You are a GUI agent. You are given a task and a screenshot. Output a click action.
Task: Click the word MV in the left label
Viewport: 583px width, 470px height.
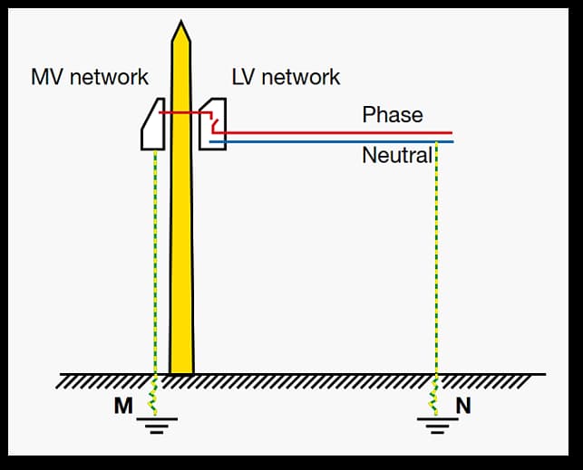pos(47,77)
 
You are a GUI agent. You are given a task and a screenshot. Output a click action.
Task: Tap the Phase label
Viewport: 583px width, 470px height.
pos(393,115)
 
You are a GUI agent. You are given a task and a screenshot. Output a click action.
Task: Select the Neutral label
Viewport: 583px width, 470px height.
pos(396,155)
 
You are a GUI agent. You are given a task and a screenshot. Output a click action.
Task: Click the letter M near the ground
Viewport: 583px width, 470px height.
pos(122,406)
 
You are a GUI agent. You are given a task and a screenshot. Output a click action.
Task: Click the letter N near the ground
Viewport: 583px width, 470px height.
pos(463,406)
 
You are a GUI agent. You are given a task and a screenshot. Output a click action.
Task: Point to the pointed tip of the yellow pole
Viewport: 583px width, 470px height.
pos(181,27)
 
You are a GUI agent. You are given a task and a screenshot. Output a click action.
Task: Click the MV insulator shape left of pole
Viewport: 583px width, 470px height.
pos(151,125)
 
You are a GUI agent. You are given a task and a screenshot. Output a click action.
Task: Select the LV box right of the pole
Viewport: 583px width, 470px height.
pos(214,125)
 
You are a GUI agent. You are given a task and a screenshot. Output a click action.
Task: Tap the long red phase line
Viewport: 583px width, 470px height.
pos(345,132)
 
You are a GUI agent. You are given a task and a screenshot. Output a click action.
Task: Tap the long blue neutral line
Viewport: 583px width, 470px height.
pos(345,141)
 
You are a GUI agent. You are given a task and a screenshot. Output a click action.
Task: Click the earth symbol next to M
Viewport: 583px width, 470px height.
pos(157,423)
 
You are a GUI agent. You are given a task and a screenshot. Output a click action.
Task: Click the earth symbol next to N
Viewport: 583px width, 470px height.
pos(436,423)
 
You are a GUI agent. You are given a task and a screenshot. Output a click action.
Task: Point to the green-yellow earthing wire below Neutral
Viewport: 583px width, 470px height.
pos(436,263)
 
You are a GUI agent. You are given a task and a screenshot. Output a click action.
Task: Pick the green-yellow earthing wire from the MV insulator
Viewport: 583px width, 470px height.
pos(156,263)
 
